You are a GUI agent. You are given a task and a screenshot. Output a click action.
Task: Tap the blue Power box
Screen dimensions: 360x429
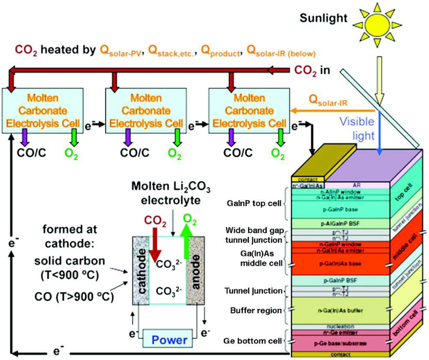point(168,339)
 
